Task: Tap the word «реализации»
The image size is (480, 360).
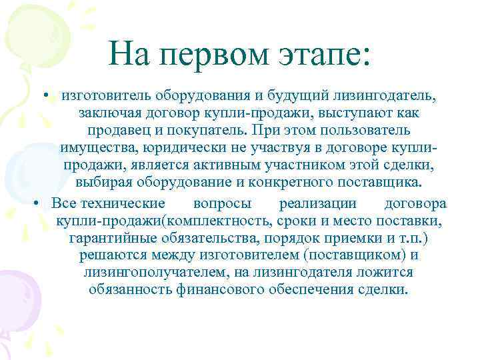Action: click(318, 203)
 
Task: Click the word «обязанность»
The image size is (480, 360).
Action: click(130, 290)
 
